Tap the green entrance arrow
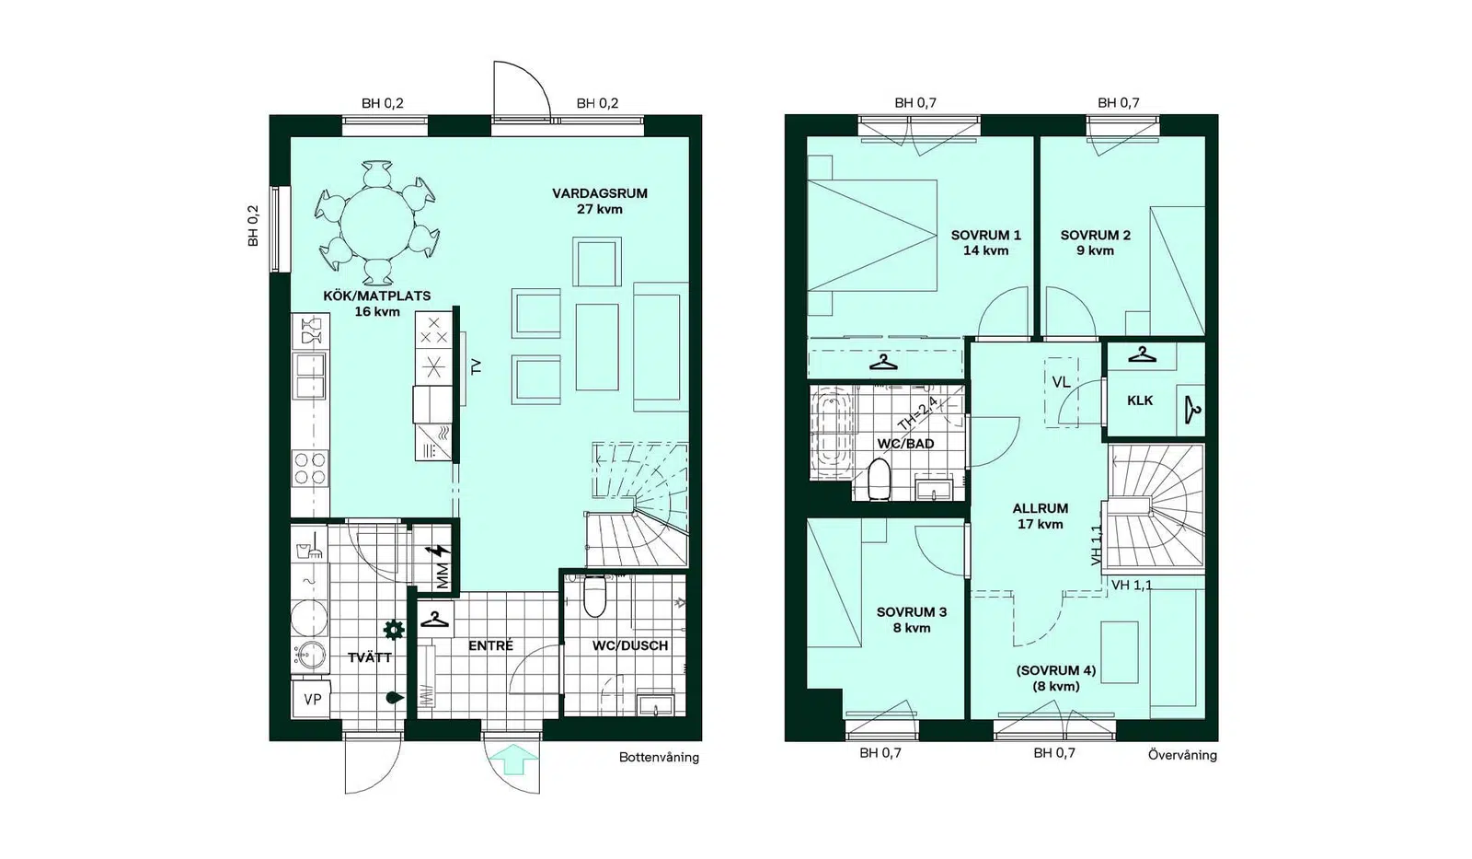[514, 759]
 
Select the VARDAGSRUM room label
[599, 193]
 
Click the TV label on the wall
[477, 366]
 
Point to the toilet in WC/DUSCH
[594, 597]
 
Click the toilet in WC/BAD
[879, 480]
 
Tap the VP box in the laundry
[312, 699]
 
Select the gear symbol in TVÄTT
[394, 630]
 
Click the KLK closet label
[1140, 400]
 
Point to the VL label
[1061, 382]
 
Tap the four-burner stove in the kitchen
[309, 469]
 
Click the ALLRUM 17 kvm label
[1040, 517]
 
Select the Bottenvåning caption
[659, 758]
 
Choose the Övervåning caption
[1182, 755]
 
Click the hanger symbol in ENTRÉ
[434, 620]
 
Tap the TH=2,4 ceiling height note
[917, 413]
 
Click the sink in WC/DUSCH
[655, 704]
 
